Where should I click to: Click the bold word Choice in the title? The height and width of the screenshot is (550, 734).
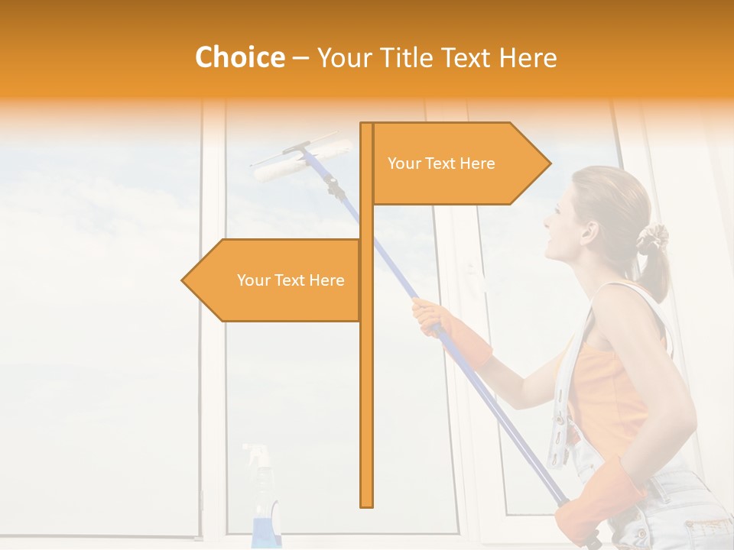[x=239, y=57]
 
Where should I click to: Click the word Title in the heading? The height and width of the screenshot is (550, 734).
[x=411, y=57]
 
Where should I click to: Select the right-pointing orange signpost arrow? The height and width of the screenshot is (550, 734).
[x=459, y=163]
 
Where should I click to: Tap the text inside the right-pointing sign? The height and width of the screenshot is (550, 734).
[x=441, y=163]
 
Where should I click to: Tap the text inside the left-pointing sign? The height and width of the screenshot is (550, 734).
[x=291, y=280]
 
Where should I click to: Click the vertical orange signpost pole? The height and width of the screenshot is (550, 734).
[x=367, y=382]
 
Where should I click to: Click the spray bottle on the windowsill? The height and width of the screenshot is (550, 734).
[x=265, y=504]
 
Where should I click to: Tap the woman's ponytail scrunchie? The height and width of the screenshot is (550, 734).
[x=652, y=238]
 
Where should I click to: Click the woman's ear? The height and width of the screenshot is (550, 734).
[x=588, y=230]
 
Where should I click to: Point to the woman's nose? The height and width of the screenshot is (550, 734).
[x=547, y=222]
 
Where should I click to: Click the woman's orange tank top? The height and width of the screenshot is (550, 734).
[x=612, y=390]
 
